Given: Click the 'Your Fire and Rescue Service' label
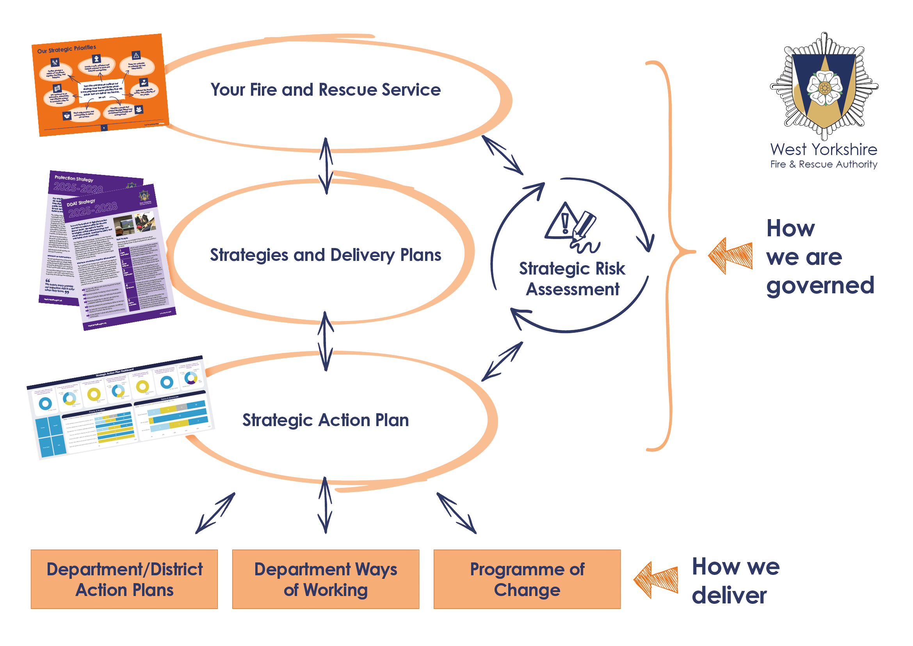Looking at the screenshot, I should tap(325, 90).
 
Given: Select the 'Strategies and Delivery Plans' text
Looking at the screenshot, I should tap(325, 255).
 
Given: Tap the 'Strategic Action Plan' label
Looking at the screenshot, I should tap(325, 420).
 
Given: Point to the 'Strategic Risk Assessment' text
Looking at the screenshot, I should tap(572, 278).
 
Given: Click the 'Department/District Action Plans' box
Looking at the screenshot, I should tap(125, 579).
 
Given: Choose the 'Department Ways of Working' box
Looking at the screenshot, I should tap(325, 579).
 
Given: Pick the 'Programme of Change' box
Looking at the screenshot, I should tap(527, 579).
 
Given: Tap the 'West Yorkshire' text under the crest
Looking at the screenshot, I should tap(824, 150).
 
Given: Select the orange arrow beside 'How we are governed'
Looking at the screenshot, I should tap(730, 255).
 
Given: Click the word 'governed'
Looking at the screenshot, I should tap(820, 286).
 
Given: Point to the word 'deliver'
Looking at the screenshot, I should tap(729, 596).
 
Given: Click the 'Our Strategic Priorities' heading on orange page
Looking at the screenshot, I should tap(66, 49).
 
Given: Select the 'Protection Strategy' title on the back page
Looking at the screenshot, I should tap(74, 178).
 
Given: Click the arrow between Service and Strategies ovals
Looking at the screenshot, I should tap(326, 166).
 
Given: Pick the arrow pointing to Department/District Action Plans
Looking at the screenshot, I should tap(215, 513).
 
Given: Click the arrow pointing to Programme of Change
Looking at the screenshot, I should tap(457, 513).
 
